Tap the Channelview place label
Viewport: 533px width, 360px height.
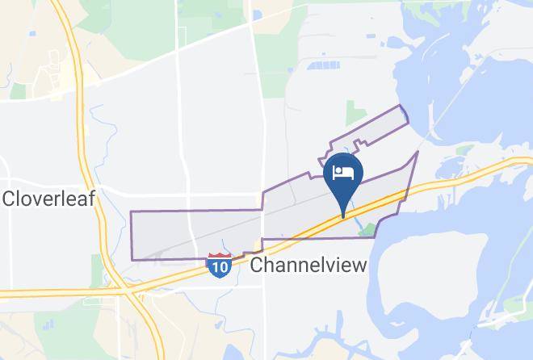click(x=309, y=265)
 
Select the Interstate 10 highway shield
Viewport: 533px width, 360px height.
click(x=219, y=265)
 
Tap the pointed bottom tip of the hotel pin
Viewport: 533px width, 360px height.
click(x=343, y=216)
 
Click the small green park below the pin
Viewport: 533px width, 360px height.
click(x=367, y=229)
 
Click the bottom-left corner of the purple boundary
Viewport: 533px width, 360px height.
click(x=132, y=259)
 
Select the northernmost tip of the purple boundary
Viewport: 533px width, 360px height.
click(x=398, y=106)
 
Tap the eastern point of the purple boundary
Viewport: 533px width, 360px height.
click(x=418, y=152)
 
